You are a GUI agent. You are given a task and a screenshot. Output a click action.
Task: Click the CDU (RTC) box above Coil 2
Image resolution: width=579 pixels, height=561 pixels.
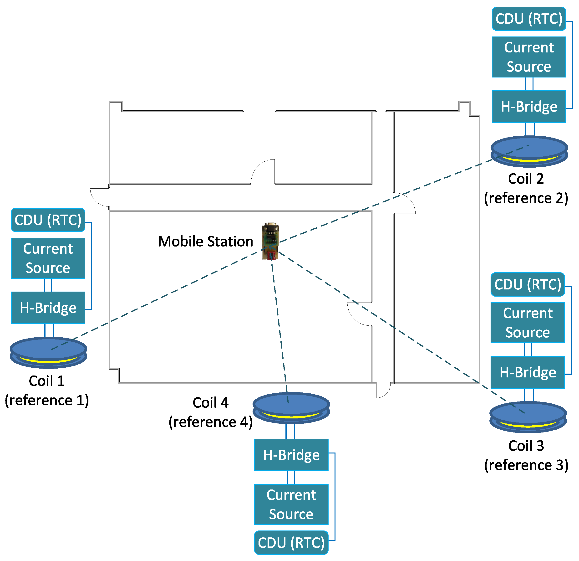pos(529,19)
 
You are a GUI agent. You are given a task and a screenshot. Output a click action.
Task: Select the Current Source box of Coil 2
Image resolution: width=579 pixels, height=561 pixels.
pos(529,57)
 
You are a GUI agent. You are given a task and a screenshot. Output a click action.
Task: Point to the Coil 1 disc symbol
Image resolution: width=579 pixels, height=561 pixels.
pos(48,352)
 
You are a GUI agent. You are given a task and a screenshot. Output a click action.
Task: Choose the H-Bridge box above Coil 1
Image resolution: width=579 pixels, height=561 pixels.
pos(48,308)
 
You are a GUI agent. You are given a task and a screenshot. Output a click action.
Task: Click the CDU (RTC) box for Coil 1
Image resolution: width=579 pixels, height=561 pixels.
pos(48,220)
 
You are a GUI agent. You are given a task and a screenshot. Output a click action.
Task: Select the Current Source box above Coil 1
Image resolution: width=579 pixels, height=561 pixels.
pos(48,258)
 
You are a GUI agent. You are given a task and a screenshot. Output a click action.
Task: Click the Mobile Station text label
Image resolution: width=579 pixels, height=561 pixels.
pos(206,242)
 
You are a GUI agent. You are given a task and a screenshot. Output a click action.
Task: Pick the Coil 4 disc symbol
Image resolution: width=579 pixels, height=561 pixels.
pos(291,408)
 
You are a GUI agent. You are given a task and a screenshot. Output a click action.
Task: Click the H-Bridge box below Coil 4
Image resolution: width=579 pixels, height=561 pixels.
pos(291,455)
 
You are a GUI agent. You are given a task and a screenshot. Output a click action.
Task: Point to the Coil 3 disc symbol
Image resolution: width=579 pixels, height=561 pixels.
pos(528,417)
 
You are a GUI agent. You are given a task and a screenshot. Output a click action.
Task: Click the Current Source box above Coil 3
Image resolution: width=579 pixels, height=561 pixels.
pos(528,323)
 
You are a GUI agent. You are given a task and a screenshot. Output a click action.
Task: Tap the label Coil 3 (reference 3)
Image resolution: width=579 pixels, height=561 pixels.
pos(526,455)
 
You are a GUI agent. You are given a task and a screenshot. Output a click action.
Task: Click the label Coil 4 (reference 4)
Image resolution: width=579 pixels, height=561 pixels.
pos(211,412)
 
